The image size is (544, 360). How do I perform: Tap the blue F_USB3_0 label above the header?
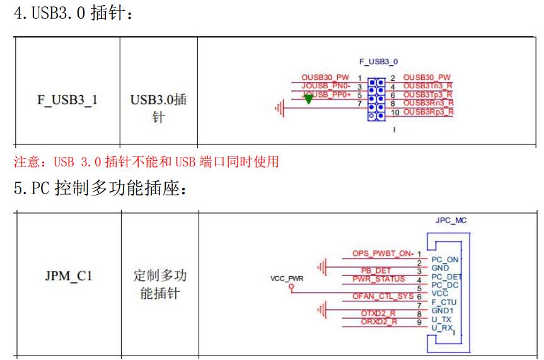click(378, 62)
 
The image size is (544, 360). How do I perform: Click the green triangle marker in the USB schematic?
click(308, 100)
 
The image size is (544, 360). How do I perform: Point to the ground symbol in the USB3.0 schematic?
click(279, 109)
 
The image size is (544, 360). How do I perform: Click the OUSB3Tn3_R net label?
click(428, 86)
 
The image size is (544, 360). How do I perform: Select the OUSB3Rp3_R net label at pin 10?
click(428, 112)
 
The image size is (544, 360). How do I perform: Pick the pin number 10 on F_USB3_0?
click(395, 113)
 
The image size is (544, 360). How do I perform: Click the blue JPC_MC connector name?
click(451, 221)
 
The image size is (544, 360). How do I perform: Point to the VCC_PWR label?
click(287, 277)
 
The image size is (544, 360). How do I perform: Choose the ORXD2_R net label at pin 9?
click(379, 322)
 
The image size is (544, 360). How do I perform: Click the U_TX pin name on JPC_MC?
click(441, 320)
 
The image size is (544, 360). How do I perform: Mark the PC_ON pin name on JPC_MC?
click(444, 259)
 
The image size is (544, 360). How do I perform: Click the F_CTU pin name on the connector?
click(444, 303)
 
